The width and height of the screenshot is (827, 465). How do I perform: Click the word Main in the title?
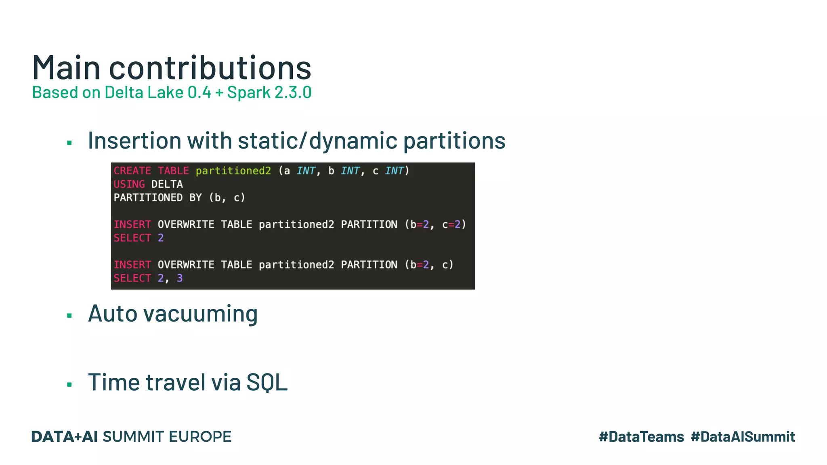66,68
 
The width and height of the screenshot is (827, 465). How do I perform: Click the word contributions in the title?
210,68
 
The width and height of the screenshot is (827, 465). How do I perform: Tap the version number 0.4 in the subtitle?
199,92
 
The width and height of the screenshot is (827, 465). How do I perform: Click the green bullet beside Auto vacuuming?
69,316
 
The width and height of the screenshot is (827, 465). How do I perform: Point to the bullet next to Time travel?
69,385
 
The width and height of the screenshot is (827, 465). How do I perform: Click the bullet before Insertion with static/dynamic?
69,143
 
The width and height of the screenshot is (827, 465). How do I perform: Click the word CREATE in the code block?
132,171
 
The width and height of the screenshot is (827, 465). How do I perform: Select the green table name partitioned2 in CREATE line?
233,171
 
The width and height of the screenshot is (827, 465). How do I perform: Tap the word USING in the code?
129,184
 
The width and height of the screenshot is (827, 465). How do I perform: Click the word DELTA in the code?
167,184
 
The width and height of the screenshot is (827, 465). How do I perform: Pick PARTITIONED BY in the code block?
157,198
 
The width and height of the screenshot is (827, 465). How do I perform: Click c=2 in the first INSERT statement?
451,224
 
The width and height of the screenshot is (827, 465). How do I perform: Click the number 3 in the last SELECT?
180,278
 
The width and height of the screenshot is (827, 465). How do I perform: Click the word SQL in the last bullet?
267,382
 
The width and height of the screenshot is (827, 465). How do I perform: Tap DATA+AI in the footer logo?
64,437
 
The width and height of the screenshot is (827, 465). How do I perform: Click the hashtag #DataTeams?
641,437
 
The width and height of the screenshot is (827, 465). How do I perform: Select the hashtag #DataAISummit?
743,437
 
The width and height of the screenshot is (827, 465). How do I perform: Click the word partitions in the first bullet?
454,141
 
